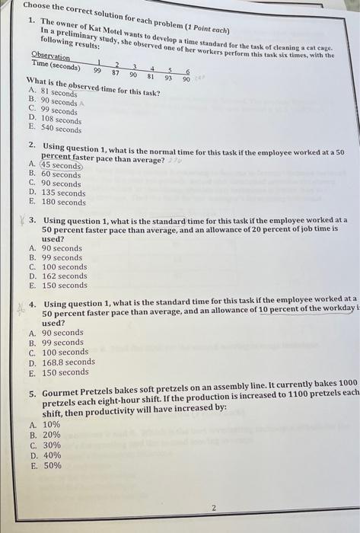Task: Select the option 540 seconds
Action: point(59,129)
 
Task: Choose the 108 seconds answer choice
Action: point(59,120)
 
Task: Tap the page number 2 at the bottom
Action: point(214,507)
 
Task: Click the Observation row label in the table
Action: point(51,57)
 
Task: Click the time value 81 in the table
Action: point(151,75)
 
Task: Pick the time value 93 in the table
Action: point(168,77)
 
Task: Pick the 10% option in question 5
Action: point(51,425)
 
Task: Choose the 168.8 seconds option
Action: point(68,362)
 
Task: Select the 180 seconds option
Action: point(64,203)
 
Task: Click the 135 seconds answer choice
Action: point(64,193)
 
